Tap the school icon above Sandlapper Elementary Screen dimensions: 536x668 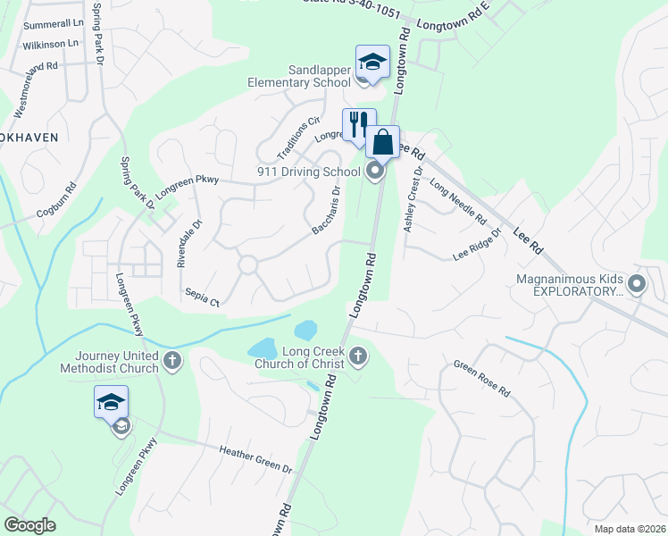tap(372, 62)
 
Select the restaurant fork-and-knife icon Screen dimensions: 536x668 tap(360, 124)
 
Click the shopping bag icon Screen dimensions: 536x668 tap(382, 141)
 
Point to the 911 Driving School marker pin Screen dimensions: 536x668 tap(376, 170)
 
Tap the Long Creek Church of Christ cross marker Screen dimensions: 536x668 tap(358, 356)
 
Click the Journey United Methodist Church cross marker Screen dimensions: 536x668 tap(173, 361)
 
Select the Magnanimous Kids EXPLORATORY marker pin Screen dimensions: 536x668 tap(636, 285)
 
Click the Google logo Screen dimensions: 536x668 tap(29, 524)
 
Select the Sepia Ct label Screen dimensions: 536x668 tap(202, 297)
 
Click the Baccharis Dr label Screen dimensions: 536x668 tap(327, 210)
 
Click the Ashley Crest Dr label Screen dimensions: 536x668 tap(412, 204)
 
